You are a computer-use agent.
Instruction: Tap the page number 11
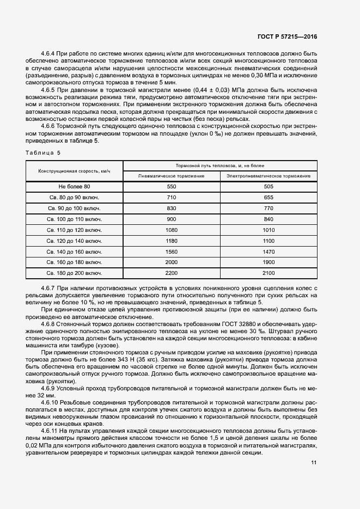pyautogui.click(x=314, y=463)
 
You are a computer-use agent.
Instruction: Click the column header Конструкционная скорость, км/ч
pyautogui.click(x=74, y=171)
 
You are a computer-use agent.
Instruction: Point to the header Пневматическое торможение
pyautogui.click(x=172, y=176)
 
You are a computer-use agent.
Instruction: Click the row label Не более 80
pyautogui.click(x=74, y=187)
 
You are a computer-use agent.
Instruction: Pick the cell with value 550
pyautogui.click(x=172, y=187)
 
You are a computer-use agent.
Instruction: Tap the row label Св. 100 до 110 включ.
pyautogui.click(x=74, y=219)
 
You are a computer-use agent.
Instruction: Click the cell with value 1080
pyautogui.click(x=172, y=230)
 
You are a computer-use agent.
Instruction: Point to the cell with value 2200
pyautogui.click(x=172, y=273)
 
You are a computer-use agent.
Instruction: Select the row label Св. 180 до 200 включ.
pyautogui.click(x=74, y=273)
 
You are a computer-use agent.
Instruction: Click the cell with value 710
pyautogui.click(x=172, y=198)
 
